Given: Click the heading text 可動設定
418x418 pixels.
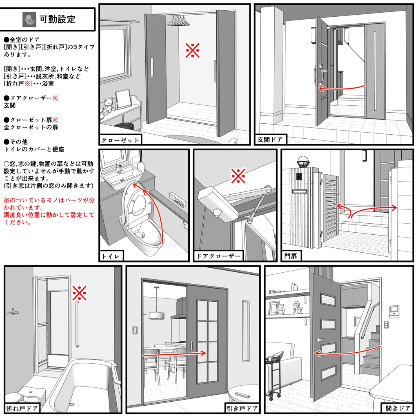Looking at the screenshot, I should (x=57, y=19).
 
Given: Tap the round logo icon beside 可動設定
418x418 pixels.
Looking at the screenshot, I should (x=29, y=19).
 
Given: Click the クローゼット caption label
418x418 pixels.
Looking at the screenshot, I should (x=120, y=140).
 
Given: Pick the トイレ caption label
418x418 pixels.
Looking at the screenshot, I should (x=111, y=256).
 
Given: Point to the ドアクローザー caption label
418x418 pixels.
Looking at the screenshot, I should (x=218, y=256).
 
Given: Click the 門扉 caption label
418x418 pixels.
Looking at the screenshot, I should (x=291, y=256).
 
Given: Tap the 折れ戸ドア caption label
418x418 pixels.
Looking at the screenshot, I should (x=22, y=408).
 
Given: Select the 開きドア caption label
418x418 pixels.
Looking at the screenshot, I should (x=398, y=408).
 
